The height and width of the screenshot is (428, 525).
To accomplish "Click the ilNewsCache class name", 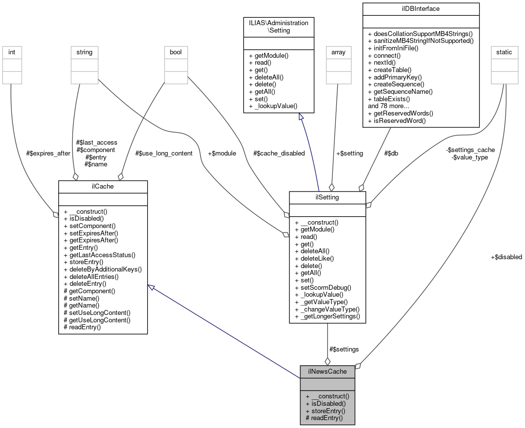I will tap(327, 371).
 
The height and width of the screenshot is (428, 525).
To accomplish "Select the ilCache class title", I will tap(103, 186).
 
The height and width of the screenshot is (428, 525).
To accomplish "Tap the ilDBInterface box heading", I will tap(421, 8).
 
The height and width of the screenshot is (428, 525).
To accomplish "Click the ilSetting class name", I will tap(327, 197).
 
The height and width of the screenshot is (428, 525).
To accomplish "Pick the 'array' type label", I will tap(338, 52).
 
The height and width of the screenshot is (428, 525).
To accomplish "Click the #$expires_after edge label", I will tap(48, 154).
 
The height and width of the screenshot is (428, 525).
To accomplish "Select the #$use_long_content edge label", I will tap(163, 154).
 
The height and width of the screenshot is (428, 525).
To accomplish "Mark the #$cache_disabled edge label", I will tap(279, 154).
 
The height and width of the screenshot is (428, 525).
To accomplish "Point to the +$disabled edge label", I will tap(506, 257).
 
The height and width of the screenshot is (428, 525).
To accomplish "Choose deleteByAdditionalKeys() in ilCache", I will tap(103, 269).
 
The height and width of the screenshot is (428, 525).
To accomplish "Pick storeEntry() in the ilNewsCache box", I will tap(325, 411).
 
